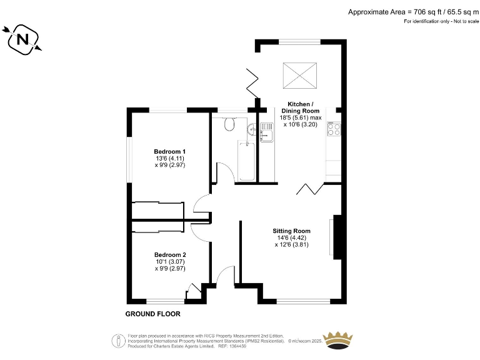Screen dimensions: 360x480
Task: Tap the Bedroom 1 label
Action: point(170,152)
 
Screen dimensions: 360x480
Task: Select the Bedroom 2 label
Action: point(170,255)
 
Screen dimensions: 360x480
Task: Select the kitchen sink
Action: point(267,132)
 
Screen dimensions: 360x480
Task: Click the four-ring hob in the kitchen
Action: point(334,129)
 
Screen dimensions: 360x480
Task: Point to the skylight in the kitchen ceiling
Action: point(298,76)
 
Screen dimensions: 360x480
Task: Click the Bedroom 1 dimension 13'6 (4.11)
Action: point(170,159)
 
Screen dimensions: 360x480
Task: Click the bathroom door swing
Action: point(226,172)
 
